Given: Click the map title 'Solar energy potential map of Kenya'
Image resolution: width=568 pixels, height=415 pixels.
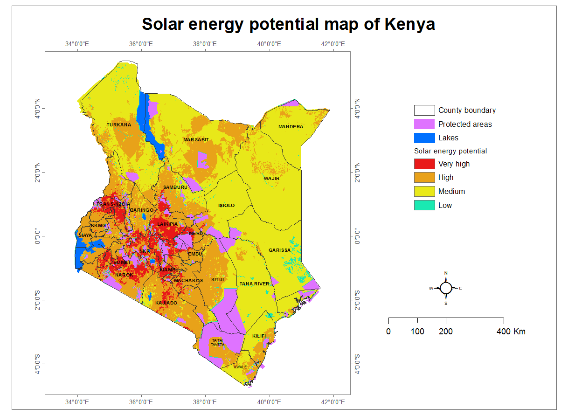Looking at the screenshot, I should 288,24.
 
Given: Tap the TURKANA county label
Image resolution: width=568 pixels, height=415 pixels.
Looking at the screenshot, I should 119,125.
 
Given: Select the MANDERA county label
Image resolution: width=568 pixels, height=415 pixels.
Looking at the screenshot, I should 291,127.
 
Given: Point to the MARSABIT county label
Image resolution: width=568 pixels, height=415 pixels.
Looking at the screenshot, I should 196,140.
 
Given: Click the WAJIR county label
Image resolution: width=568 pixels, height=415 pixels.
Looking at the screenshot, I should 271,178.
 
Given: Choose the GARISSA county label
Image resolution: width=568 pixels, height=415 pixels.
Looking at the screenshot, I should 279,250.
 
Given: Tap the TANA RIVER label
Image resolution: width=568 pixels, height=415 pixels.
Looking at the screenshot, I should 254,284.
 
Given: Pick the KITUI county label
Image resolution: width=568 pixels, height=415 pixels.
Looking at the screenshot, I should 218,280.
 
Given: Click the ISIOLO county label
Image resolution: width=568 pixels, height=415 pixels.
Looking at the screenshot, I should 227,206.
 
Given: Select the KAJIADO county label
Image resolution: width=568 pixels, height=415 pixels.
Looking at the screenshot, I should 166,303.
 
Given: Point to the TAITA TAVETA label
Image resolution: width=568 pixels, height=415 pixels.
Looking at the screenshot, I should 217,343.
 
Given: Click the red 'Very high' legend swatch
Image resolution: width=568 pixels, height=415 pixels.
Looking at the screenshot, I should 424,164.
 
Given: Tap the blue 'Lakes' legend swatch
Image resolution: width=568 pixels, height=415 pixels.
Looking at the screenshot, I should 424,138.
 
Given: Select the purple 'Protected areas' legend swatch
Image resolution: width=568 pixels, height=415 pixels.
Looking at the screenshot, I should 424,124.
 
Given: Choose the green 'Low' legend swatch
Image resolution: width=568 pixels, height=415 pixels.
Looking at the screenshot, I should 424,205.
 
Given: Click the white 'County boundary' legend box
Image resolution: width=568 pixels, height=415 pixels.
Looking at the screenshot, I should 424,111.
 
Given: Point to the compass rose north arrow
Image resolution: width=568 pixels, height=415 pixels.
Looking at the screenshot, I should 446,288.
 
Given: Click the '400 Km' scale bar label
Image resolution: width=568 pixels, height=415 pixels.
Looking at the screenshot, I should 511,332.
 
